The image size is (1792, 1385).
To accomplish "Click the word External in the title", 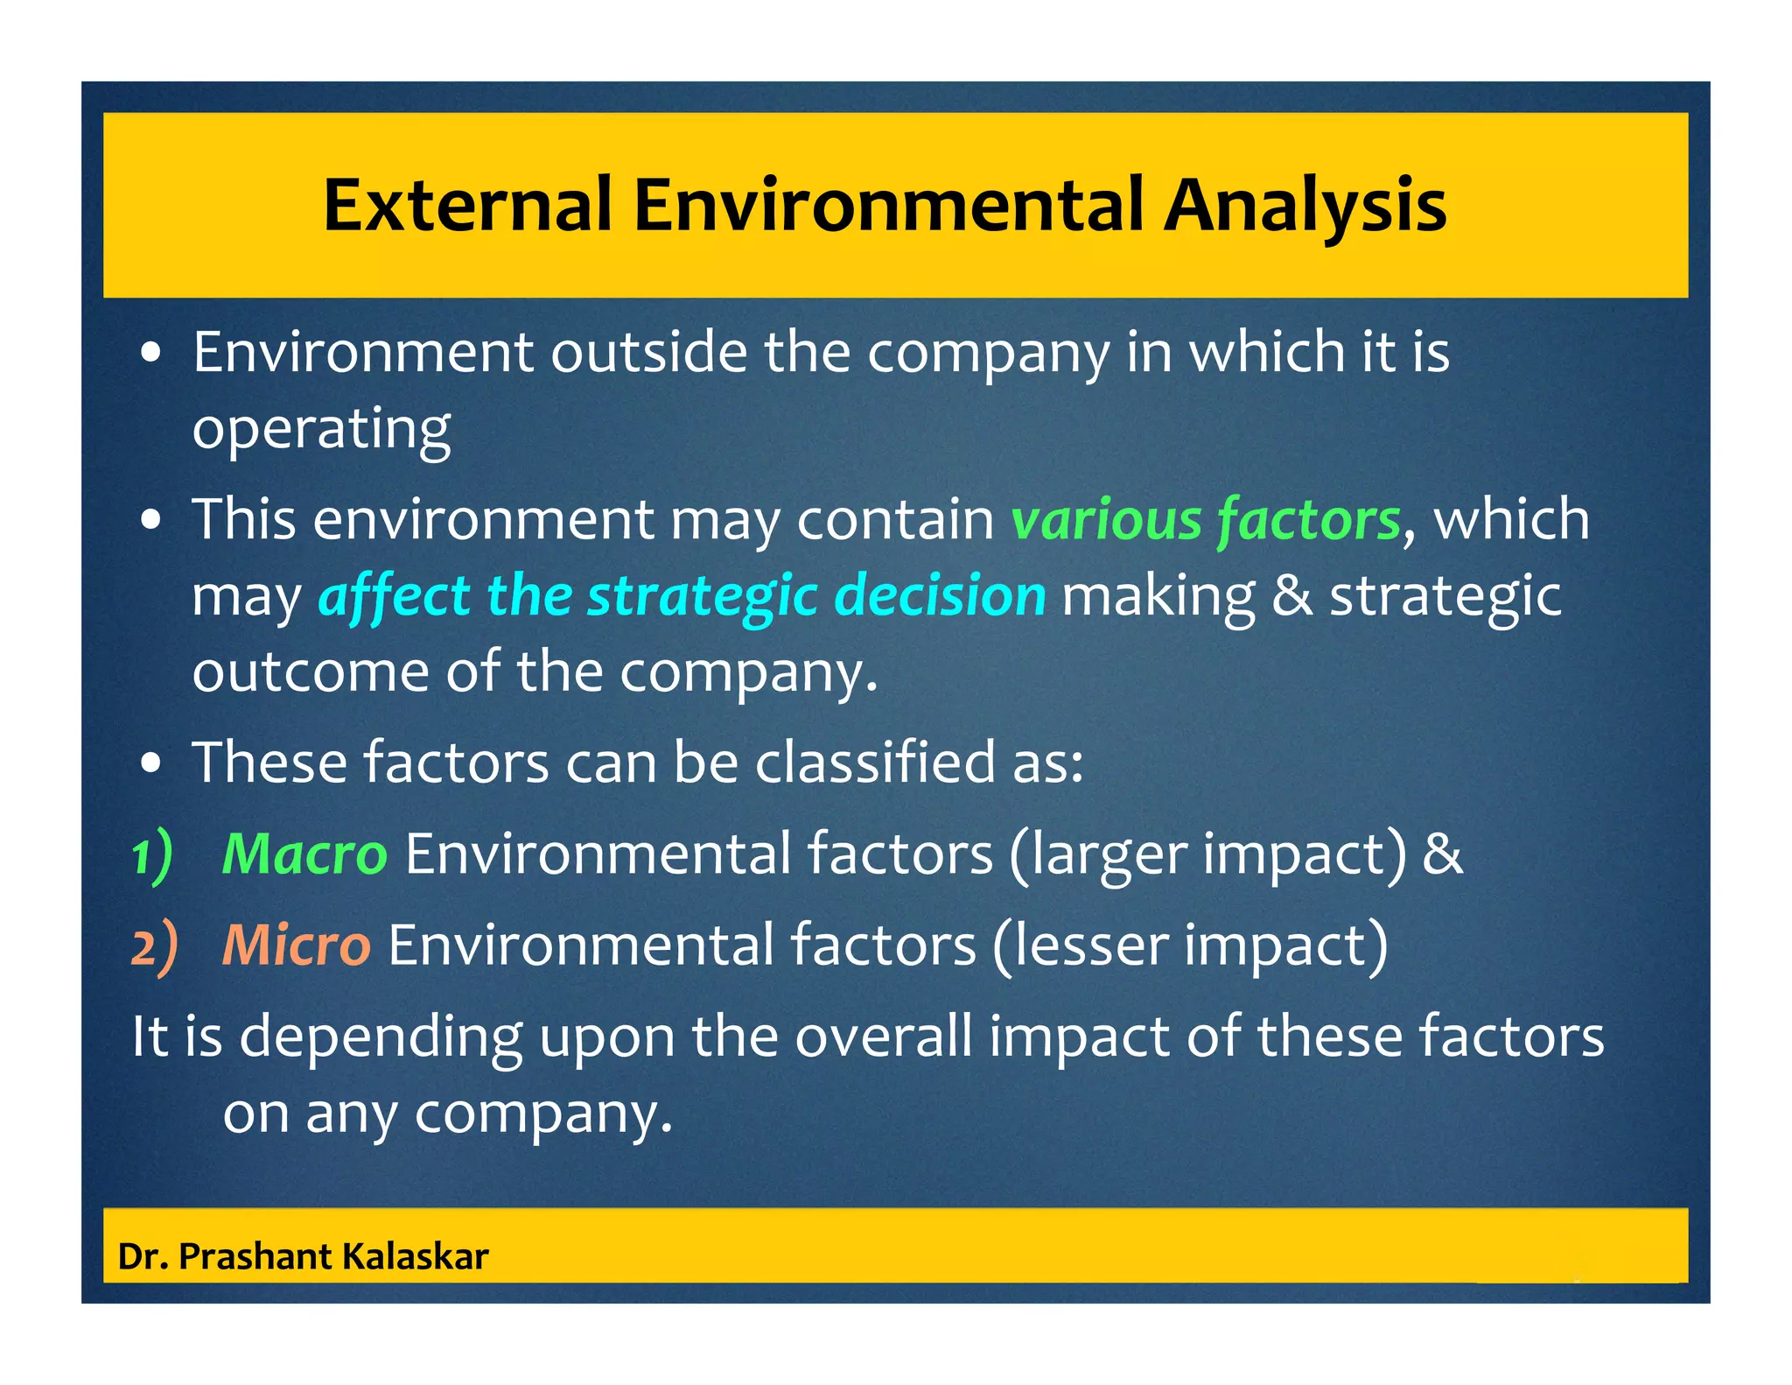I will coord(467,206).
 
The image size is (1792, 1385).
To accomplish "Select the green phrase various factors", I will coord(1206,519).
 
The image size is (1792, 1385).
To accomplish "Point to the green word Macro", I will coord(304,854).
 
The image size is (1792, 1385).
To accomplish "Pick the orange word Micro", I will coord(296,946).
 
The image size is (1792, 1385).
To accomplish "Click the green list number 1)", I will coord(152,855).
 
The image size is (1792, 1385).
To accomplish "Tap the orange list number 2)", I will coord(154,947).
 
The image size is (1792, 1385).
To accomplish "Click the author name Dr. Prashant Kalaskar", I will coord(303,1256).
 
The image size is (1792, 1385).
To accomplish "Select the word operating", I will coord(321,429).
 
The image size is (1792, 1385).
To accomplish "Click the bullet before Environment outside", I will coord(151,353).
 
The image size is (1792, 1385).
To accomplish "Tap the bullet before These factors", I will coord(151,763).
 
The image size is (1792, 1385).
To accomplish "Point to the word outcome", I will coord(310,671).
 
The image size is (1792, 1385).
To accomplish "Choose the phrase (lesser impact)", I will coord(1190,946).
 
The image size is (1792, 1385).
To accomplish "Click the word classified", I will coord(874,762).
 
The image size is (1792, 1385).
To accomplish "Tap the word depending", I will coord(380,1037).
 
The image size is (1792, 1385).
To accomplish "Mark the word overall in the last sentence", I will coord(884,1037).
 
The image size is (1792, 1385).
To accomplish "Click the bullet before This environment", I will coord(151,521).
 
